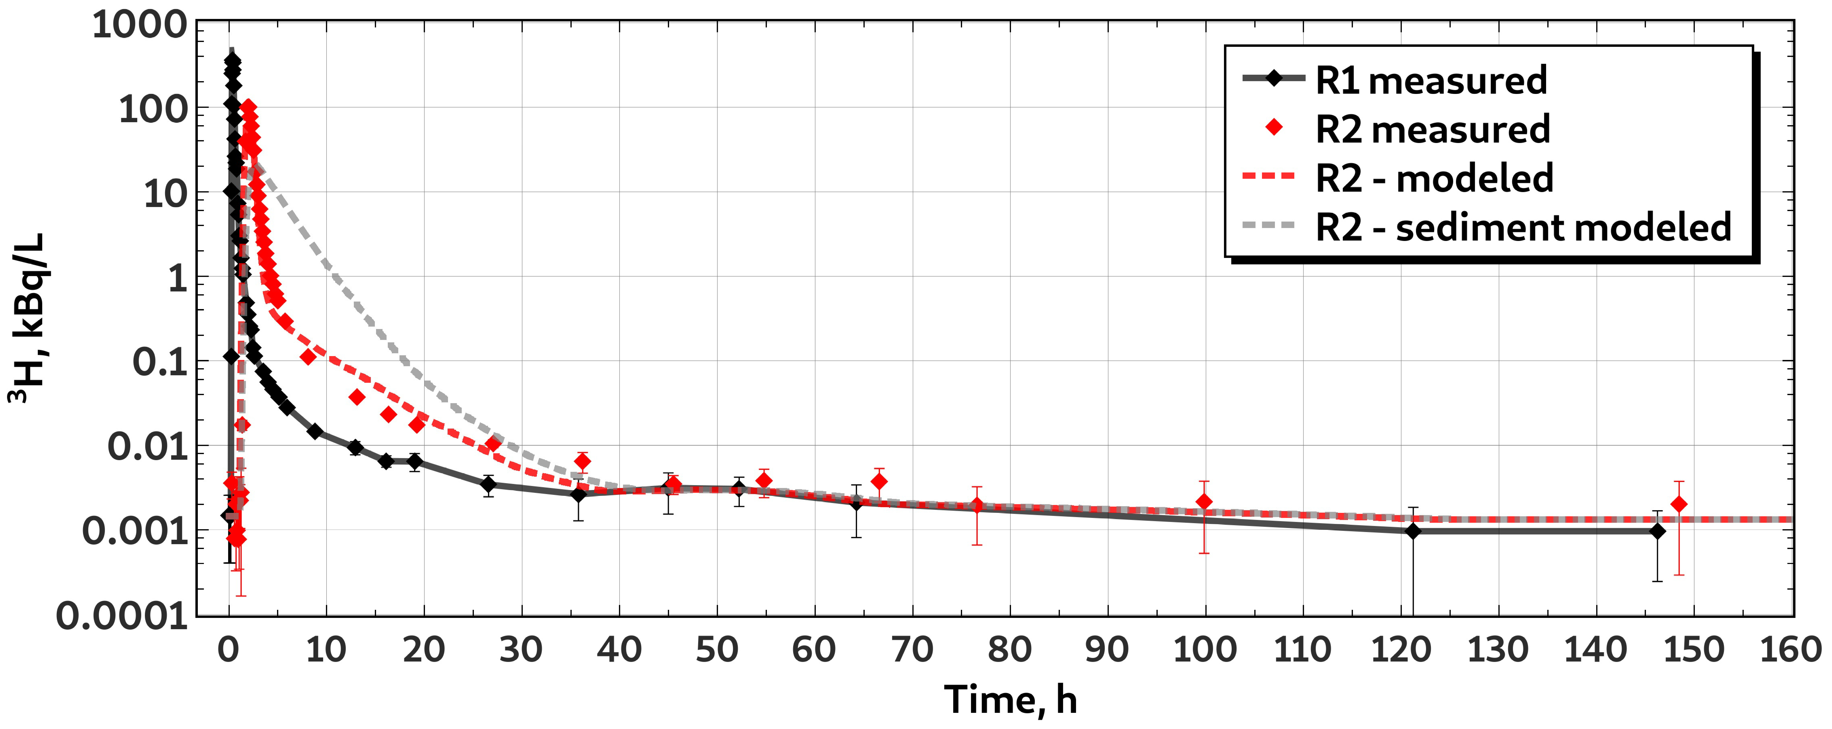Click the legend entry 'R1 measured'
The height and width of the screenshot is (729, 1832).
[1431, 80]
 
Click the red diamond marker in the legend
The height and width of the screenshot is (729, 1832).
[1274, 128]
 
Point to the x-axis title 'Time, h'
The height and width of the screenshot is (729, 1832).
[1011, 701]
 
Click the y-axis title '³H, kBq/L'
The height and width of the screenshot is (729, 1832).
[27, 318]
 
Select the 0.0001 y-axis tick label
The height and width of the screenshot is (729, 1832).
[122, 616]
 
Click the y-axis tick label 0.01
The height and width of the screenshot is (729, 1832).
[147, 447]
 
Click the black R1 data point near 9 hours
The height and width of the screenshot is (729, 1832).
[315, 431]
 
